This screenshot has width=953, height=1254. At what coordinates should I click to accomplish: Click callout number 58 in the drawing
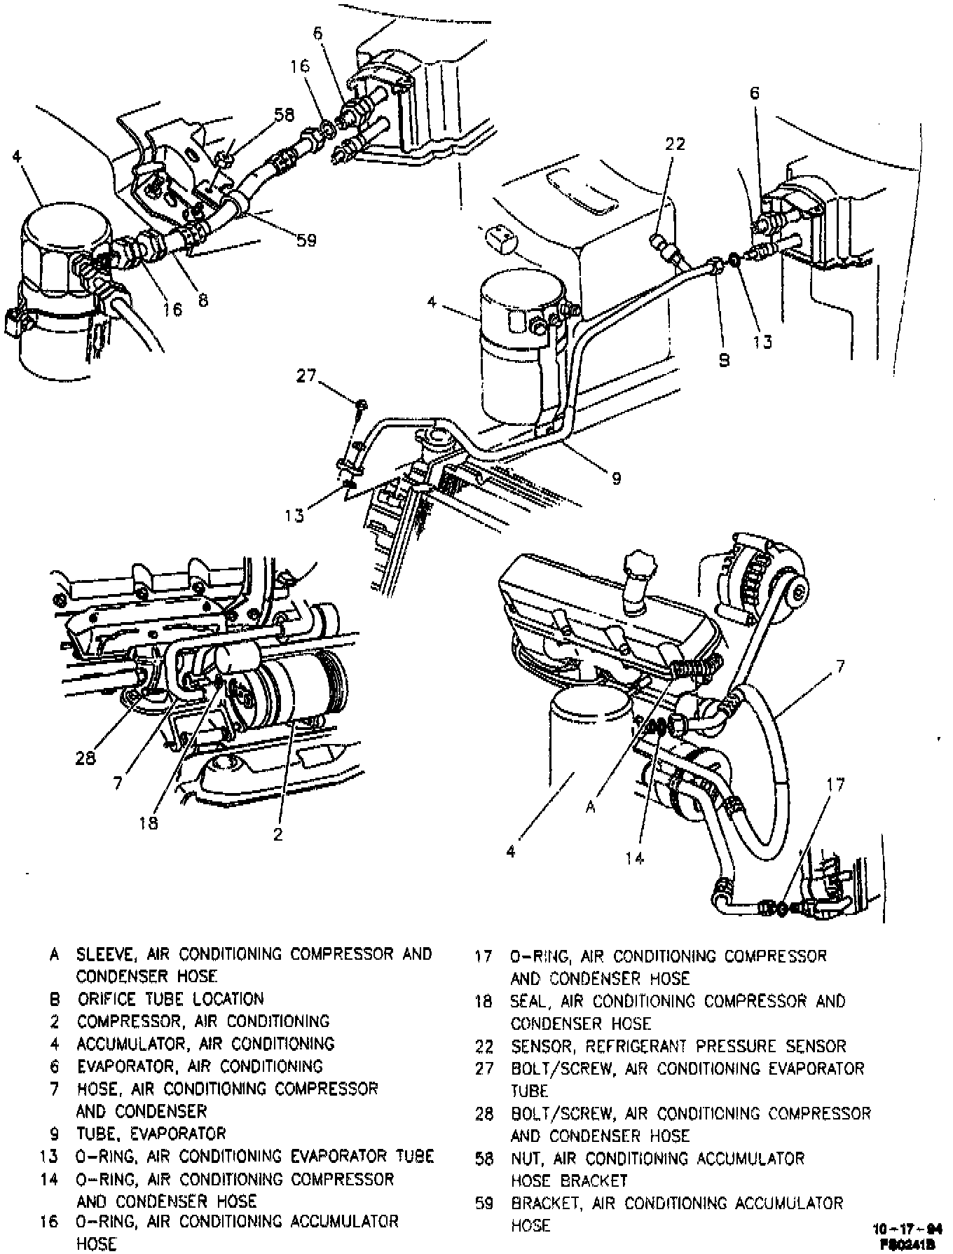click(x=284, y=115)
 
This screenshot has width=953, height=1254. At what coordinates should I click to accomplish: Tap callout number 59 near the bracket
click(x=306, y=240)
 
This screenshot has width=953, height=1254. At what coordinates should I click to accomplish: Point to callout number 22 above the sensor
click(x=676, y=144)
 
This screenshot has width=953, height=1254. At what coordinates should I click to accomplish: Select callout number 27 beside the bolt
click(x=306, y=376)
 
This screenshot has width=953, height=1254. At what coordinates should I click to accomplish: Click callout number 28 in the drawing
click(x=85, y=758)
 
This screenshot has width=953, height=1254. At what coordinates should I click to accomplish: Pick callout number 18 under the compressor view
click(x=149, y=822)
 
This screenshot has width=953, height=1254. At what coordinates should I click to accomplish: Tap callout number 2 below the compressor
click(x=278, y=834)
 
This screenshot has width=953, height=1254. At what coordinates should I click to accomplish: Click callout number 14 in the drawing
click(x=634, y=858)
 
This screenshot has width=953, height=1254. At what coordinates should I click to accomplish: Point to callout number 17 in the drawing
click(x=835, y=785)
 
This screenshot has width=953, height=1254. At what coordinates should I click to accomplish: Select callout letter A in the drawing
click(x=591, y=807)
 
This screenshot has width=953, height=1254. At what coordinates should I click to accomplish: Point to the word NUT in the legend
click(x=527, y=1159)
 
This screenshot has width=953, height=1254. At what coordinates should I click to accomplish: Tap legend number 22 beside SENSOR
click(x=484, y=1047)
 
